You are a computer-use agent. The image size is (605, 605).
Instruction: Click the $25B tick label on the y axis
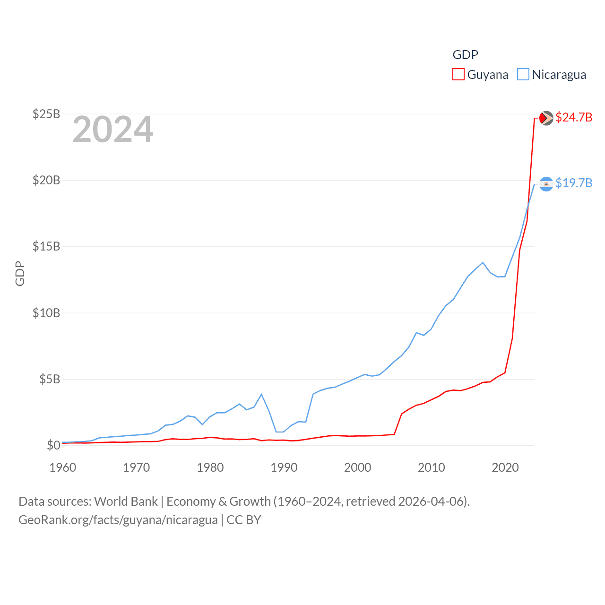click(x=46, y=114)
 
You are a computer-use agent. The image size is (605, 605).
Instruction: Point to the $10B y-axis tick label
click(x=46, y=313)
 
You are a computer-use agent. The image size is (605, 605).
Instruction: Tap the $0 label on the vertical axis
click(x=53, y=445)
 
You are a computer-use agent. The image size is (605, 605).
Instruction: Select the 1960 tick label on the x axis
click(x=63, y=467)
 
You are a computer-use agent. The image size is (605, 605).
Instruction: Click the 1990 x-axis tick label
click(x=284, y=467)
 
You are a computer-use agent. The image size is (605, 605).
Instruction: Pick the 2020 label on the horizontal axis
click(x=505, y=467)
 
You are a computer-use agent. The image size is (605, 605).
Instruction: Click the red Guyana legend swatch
click(x=458, y=75)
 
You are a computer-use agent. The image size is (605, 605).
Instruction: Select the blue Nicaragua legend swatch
click(x=523, y=75)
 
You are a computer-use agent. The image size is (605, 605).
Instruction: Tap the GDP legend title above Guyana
click(x=466, y=55)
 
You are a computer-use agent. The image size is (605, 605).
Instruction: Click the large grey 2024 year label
click(x=113, y=130)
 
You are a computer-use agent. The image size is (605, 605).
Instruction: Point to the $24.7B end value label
click(x=574, y=117)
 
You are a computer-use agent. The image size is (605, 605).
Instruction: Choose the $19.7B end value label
click(x=574, y=183)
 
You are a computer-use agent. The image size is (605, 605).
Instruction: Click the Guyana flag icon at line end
click(x=546, y=118)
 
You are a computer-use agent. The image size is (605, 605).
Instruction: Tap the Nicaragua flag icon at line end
click(x=546, y=184)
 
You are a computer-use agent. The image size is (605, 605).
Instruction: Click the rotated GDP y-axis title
click(x=20, y=273)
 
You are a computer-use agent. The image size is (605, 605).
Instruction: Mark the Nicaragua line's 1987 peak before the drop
click(x=261, y=394)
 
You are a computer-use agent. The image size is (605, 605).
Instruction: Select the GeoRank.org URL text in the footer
click(x=118, y=520)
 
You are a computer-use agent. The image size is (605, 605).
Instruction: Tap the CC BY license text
click(x=244, y=520)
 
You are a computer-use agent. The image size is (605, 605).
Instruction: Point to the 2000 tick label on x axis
click(x=358, y=467)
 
